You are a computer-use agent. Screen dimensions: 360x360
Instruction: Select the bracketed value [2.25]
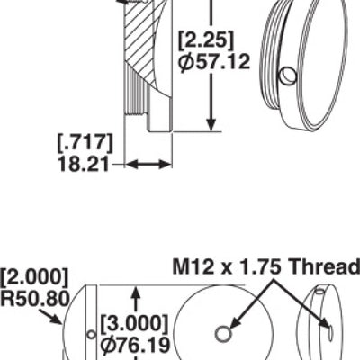coord(206,40)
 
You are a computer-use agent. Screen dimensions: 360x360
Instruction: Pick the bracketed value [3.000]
coord(133,321)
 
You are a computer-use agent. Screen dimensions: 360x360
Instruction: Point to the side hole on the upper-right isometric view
coord(286,77)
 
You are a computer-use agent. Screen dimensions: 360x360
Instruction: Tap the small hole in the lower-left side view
coord(88,335)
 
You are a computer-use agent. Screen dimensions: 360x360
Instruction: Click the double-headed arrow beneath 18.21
coord(148,165)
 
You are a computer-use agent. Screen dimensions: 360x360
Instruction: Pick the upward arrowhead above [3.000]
coord(135,293)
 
